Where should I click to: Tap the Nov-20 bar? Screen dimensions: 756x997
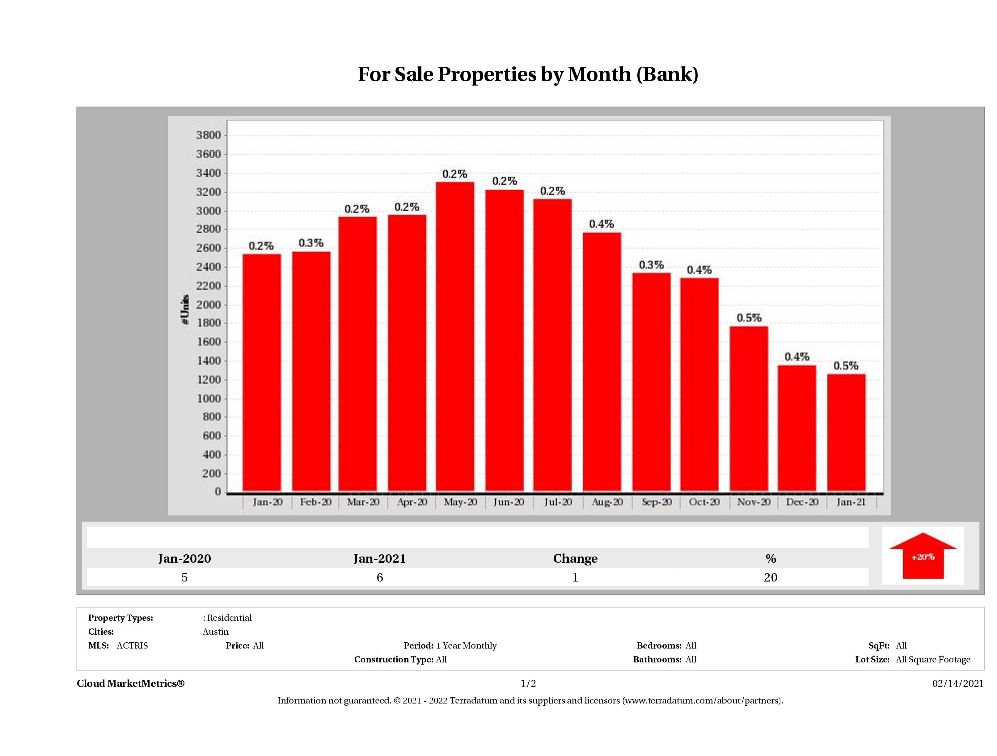(x=749, y=408)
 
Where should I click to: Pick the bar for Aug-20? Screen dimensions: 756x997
(x=602, y=361)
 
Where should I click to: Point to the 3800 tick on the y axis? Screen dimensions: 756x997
(x=208, y=135)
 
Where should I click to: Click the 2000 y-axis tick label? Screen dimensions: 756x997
(x=208, y=304)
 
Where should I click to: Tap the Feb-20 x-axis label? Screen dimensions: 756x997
(x=315, y=502)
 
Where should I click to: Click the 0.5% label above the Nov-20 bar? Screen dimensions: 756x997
(x=749, y=318)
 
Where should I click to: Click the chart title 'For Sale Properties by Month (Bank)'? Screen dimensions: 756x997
(x=528, y=74)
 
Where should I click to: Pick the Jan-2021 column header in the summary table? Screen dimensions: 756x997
(x=379, y=559)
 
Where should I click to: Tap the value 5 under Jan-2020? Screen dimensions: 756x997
(x=184, y=577)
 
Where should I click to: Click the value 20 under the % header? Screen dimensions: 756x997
(x=770, y=577)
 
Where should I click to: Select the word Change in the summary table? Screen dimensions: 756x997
(x=575, y=559)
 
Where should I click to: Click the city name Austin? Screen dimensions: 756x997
(x=215, y=632)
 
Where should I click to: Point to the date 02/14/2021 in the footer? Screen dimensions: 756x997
(x=958, y=683)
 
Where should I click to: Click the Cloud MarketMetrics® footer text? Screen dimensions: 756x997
(x=131, y=683)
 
